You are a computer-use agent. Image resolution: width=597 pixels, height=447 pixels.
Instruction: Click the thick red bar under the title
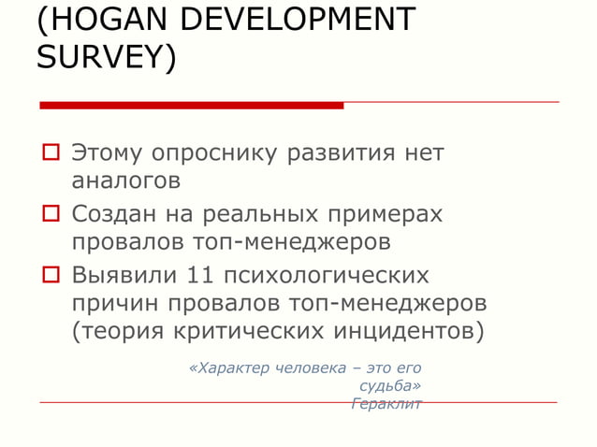point(191,105)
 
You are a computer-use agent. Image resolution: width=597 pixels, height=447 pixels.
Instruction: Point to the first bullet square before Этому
point(49,151)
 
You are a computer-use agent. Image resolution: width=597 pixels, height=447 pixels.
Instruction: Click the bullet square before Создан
point(49,214)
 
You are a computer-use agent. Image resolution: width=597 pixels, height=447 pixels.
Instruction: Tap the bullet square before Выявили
point(49,276)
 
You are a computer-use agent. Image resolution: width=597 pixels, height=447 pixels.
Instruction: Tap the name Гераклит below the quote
point(386,404)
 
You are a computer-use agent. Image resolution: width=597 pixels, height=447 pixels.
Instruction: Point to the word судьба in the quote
point(388,385)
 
